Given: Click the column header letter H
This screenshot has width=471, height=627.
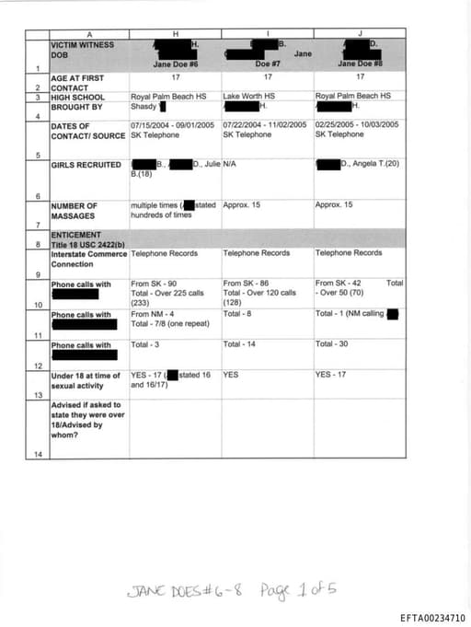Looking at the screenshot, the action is pyautogui.click(x=175, y=34).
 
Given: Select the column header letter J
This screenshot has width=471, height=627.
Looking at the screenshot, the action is pyautogui.click(x=359, y=34).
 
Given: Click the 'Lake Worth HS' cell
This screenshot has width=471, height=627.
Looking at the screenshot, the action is pyautogui.click(x=249, y=96).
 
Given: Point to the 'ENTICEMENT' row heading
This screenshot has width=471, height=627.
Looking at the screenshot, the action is pyautogui.click(x=76, y=235).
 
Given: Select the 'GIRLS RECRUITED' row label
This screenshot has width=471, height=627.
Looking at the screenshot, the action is pyautogui.click(x=86, y=165).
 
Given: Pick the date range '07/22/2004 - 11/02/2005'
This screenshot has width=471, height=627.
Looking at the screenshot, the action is pyautogui.click(x=264, y=124).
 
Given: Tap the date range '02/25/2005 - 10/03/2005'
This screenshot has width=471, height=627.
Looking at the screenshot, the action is pyautogui.click(x=357, y=124).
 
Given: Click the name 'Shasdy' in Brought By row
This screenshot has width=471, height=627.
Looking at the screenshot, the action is pyautogui.click(x=144, y=106).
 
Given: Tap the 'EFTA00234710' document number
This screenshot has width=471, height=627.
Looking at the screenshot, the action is pyautogui.click(x=433, y=616).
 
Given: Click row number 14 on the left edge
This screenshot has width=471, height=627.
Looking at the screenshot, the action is pyautogui.click(x=38, y=454).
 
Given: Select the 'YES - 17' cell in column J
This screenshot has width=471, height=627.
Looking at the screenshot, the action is pyautogui.click(x=332, y=375).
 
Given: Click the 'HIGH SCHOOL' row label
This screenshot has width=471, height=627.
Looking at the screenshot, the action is pyautogui.click(x=78, y=96).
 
